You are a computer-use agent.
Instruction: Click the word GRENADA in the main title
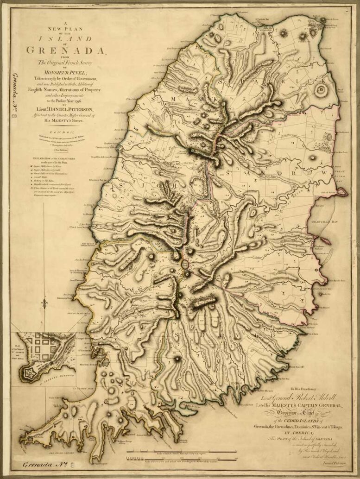pos(66,50)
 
